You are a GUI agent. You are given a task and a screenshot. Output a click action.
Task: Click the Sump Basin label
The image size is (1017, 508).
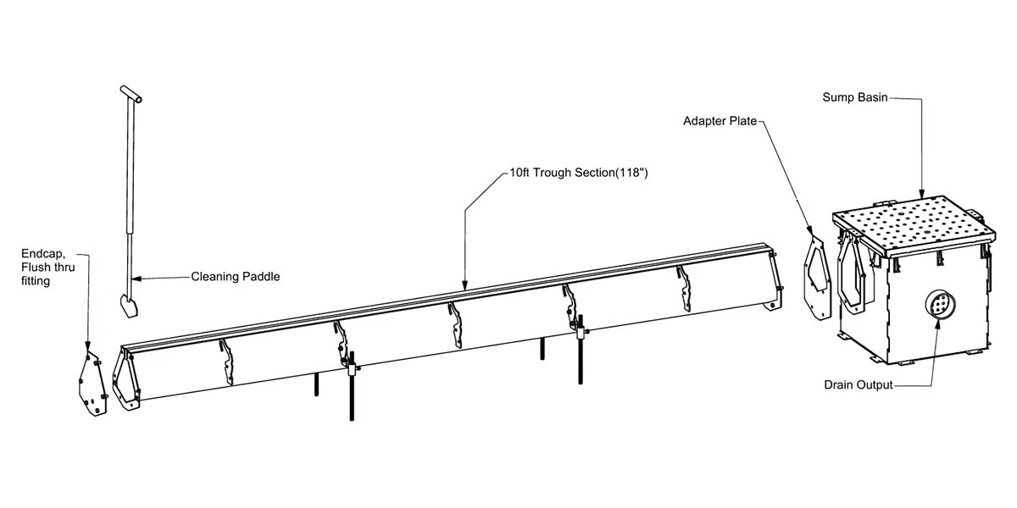click(855, 97)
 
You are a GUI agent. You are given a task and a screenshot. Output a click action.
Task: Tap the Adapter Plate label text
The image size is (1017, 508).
click(720, 121)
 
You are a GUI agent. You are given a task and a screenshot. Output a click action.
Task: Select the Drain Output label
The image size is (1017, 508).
click(859, 385)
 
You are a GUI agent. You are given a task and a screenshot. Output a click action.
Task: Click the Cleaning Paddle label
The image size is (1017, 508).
click(236, 277)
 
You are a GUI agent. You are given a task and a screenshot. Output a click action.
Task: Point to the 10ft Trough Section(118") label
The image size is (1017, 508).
click(578, 173)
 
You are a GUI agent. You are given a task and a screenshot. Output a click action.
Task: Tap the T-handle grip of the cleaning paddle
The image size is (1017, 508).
click(131, 94)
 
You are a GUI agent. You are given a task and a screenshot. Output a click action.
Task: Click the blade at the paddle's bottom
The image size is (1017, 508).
click(130, 306)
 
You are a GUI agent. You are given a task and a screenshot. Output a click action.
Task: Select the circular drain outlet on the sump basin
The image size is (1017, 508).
click(940, 304)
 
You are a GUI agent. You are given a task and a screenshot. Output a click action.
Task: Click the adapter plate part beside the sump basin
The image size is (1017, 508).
click(817, 279)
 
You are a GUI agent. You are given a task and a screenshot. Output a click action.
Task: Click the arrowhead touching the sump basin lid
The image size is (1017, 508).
click(922, 193)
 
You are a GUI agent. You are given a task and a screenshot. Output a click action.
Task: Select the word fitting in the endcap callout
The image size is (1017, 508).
click(36, 281)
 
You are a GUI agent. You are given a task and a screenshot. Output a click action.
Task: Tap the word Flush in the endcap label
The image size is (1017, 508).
click(36, 268)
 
